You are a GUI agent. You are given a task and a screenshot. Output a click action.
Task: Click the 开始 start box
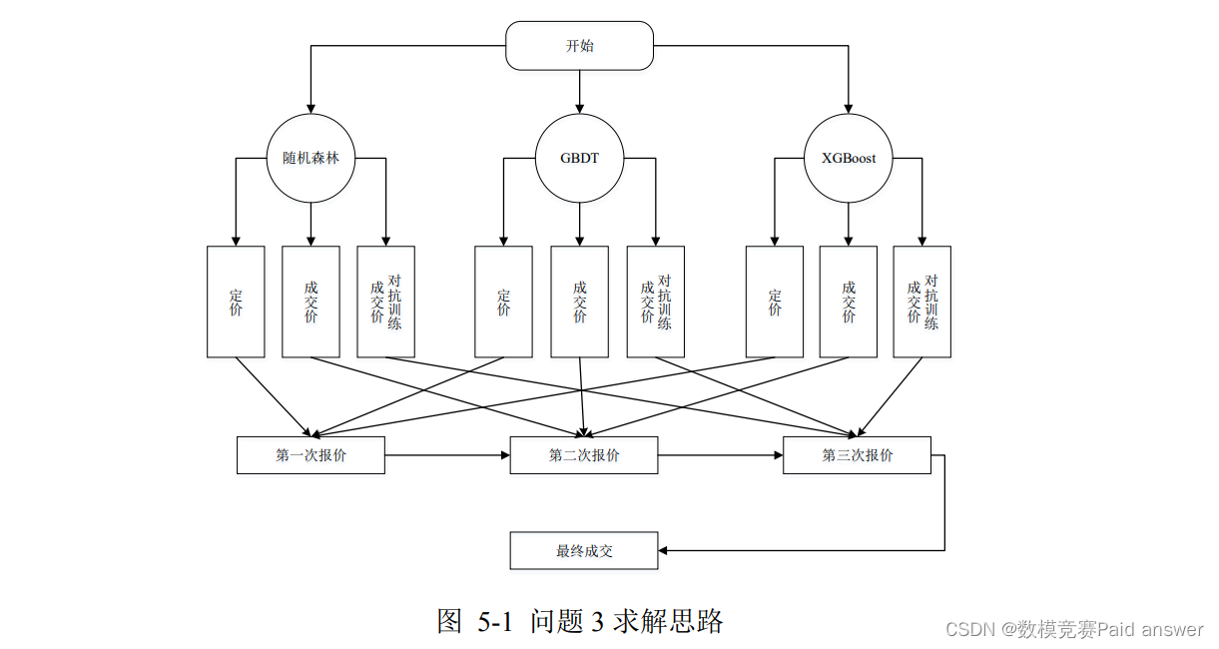tap(579, 46)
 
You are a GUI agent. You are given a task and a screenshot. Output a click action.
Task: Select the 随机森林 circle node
tap(310, 158)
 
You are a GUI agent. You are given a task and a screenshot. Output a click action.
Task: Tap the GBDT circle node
tap(580, 158)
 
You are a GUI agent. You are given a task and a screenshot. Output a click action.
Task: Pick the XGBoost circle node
tap(849, 158)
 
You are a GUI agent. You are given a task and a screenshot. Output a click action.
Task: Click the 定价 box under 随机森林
tap(236, 302)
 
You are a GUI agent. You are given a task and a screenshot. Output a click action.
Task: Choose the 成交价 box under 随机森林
tap(310, 302)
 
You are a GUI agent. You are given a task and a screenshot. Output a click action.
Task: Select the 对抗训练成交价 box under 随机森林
tap(385, 302)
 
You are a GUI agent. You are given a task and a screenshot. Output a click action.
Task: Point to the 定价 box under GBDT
tap(503, 302)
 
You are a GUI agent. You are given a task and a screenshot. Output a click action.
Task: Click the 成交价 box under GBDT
tap(579, 302)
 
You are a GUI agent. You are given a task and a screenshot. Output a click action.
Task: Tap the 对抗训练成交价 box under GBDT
tap(655, 302)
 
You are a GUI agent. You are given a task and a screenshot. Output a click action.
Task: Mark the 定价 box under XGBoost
tap(774, 302)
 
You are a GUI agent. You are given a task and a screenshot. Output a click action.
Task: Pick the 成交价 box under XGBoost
tap(849, 302)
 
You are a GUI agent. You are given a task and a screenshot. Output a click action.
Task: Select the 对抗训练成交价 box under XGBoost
tap(921, 302)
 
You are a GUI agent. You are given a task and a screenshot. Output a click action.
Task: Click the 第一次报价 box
tap(310, 455)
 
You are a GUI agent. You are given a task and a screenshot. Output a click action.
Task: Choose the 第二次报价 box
tap(583, 455)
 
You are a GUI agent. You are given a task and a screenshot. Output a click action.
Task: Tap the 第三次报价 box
tap(857, 455)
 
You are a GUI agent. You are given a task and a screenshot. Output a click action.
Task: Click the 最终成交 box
tap(583, 550)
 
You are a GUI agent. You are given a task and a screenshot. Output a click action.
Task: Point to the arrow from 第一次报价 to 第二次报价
tap(447, 455)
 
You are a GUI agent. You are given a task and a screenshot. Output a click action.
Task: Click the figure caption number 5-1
tap(494, 622)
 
